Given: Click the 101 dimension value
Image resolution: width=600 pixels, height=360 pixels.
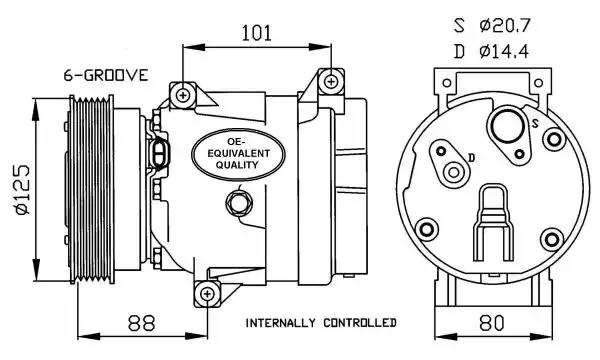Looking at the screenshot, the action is click(256, 33).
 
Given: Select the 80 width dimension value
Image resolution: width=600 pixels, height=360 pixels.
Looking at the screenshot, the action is click(492, 323).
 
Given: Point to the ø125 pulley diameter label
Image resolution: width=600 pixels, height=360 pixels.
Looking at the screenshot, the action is click(22, 190).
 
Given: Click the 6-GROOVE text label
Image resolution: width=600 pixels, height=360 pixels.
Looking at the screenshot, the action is click(106, 75).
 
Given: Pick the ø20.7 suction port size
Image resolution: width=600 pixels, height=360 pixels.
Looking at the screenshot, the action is click(504, 26).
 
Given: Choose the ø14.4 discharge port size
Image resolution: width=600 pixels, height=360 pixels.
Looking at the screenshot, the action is click(504, 51).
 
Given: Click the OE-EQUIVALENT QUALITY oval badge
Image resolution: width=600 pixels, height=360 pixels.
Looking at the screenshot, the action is click(238, 154).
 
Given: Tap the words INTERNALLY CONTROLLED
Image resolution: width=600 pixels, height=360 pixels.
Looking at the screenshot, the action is click(321, 323).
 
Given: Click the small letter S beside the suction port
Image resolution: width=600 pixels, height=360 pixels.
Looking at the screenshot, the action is click(535, 123).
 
